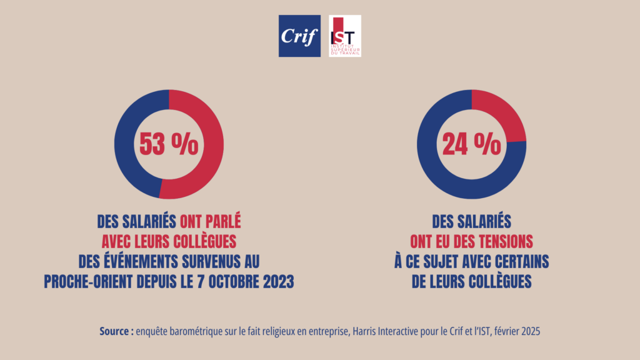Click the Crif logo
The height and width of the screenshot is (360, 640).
click(x=299, y=36)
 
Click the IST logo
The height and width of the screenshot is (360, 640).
click(x=345, y=36)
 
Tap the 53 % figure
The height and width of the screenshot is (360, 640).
click(x=168, y=144)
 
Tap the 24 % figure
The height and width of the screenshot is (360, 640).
click(x=471, y=144)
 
